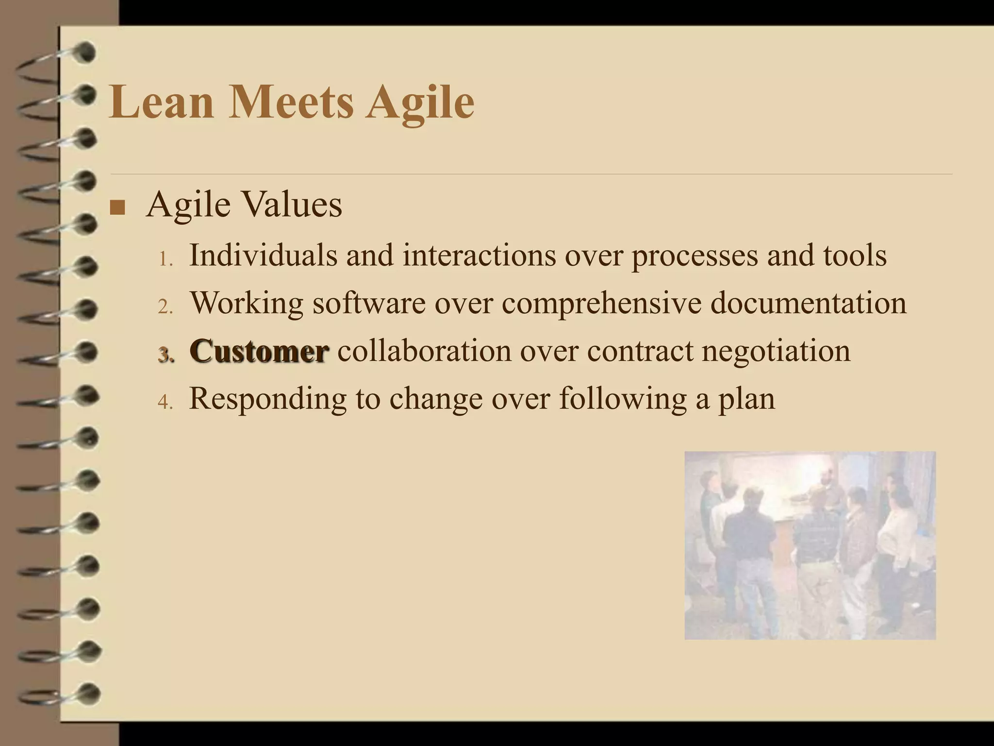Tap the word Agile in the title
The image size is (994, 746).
[x=420, y=102]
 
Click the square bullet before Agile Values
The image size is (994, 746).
[x=117, y=207]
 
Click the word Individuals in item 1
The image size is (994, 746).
[x=263, y=254]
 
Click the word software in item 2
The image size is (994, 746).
[x=368, y=302]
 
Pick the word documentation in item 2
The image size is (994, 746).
[x=809, y=302]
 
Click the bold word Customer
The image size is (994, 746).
[x=259, y=350]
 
